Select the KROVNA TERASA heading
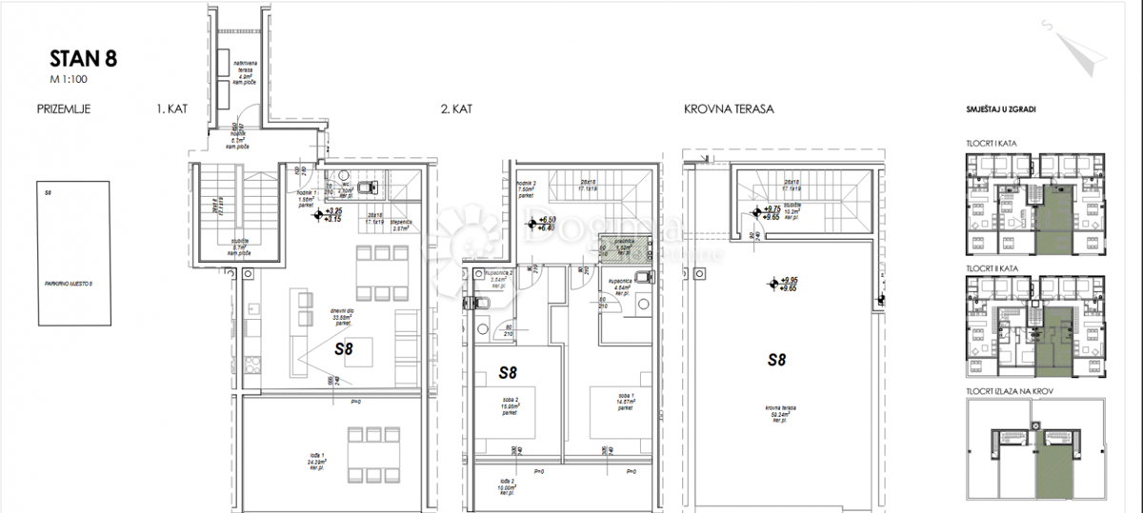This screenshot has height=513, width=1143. (727, 109)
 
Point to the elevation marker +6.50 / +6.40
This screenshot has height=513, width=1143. (542, 224)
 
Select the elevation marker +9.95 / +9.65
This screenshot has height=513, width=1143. (783, 283)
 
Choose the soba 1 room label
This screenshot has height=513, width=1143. (624, 402)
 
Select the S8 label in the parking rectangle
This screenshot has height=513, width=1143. (47, 192)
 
